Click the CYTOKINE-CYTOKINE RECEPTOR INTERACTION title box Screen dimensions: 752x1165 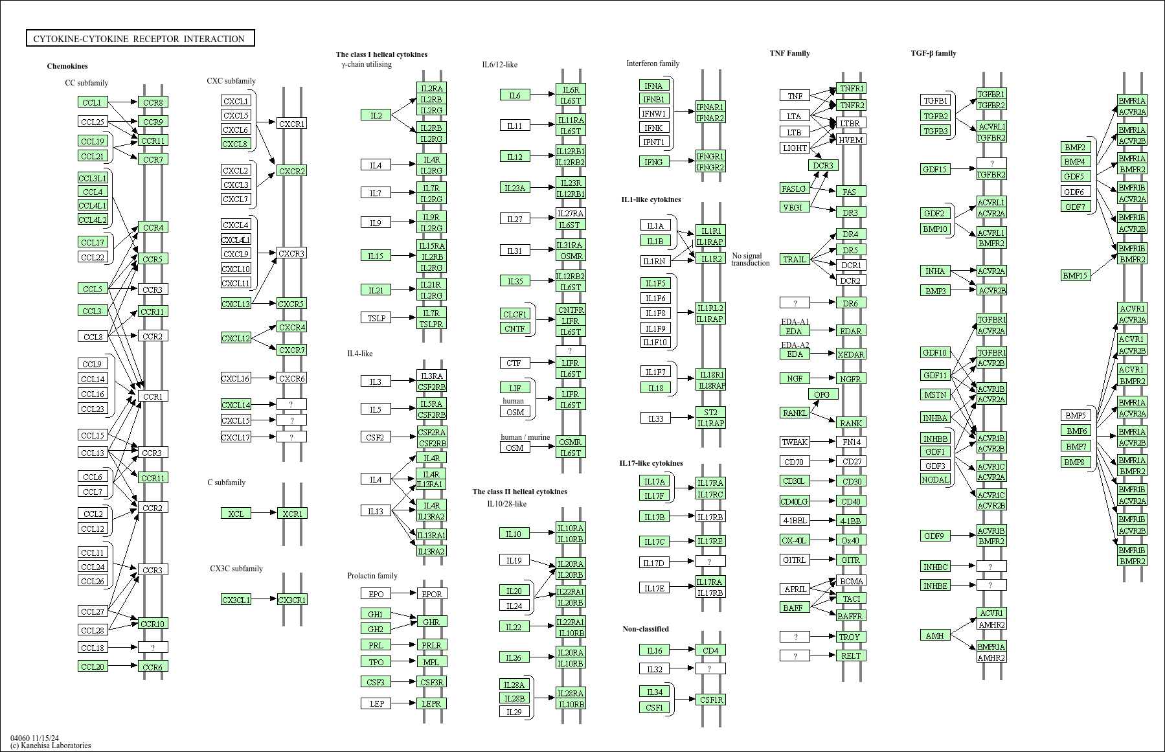(x=140, y=39)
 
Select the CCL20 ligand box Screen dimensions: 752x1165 (x=93, y=667)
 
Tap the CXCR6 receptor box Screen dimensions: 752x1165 (x=291, y=378)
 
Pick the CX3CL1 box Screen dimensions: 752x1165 (x=236, y=600)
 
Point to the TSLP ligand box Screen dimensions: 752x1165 (x=376, y=318)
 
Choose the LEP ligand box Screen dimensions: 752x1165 (x=376, y=703)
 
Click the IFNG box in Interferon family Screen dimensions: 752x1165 (x=653, y=162)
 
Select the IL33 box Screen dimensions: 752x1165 (x=655, y=418)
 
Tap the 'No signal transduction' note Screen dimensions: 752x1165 (x=750, y=259)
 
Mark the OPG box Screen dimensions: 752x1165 (x=822, y=394)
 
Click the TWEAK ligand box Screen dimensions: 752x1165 (x=795, y=442)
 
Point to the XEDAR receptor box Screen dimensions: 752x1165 (x=850, y=354)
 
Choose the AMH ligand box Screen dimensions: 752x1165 (x=934, y=635)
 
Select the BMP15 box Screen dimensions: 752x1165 (x=1075, y=275)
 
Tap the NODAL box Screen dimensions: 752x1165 (x=935, y=479)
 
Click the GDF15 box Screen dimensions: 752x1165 (x=934, y=170)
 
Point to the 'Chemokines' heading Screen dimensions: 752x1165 (x=67, y=66)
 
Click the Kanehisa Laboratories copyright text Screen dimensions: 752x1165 (x=51, y=746)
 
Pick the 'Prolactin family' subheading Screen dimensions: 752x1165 (x=372, y=576)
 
